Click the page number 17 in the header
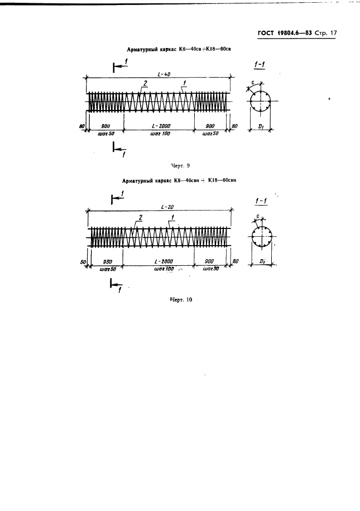tap(333, 33)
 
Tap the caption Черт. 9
tap(180, 165)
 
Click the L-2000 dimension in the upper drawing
tap(158, 127)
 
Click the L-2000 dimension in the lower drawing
tap(158, 261)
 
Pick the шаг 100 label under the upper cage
tap(158, 134)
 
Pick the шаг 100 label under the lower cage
tap(158, 269)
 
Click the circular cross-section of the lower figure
tap(260, 237)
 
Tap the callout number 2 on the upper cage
tap(145, 83)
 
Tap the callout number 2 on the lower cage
tap(140, 217)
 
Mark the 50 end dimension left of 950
tap(83, 261)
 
